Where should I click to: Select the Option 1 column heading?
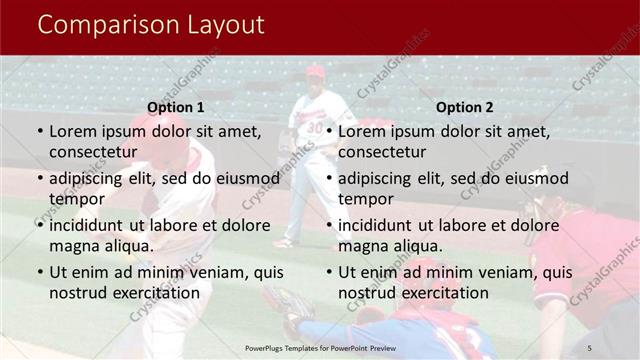(x=175, y=107)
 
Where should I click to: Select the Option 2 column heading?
(x=465, y=107)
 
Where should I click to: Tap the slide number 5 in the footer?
(x=590, y=346)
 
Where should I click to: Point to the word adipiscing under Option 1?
(x=89, y=179)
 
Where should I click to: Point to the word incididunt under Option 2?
(x=381, y=225)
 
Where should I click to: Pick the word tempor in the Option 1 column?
(x=75, y=199)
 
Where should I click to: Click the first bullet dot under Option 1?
(x=40, y=132)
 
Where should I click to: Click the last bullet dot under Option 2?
(x=329, y=273)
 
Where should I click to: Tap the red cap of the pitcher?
(x=316, y=71)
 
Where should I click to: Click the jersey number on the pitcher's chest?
(x=314, y=127)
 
